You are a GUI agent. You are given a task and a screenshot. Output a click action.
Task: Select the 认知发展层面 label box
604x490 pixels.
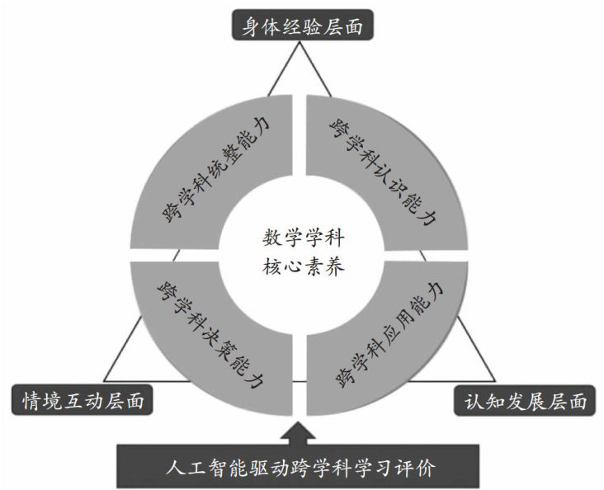pyautogui.click(x=526, y=401)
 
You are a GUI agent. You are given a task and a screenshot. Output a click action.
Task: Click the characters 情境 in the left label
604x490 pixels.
pyautogui.click(x=40, y=401)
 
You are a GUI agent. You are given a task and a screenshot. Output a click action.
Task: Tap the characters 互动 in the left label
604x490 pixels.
pyautogui.click(x=79, y=401)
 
